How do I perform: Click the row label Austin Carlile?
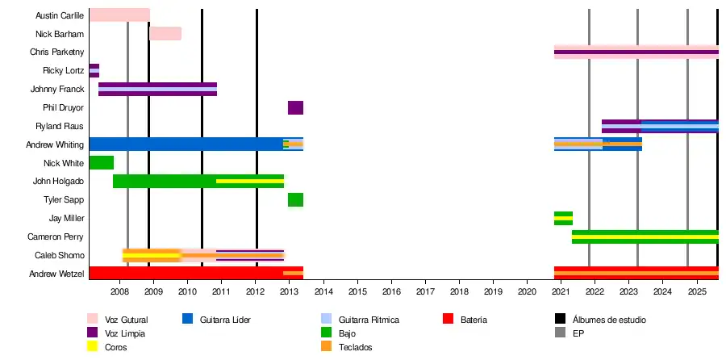[60, 16]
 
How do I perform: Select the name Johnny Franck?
[57, 90]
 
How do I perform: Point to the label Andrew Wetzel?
[56, 274]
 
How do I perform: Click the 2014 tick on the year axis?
[323, 291]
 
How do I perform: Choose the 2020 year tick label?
[527, 291]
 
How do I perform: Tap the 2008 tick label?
[119, 291]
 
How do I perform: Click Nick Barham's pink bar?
[165, 34]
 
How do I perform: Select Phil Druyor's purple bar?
[295, 108]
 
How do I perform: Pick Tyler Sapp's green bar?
[295, 200]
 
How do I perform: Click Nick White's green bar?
[101, 163]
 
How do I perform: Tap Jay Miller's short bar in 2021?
[563, 218]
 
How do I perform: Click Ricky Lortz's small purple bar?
[94, 71]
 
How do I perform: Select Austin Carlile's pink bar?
[119, 15]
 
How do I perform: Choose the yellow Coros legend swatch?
[93, 347]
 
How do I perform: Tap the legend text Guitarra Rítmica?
[369, 320]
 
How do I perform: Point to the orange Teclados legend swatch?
[327, 347]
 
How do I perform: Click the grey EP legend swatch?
[561, 333]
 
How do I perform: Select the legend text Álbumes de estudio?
[609, 320]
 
